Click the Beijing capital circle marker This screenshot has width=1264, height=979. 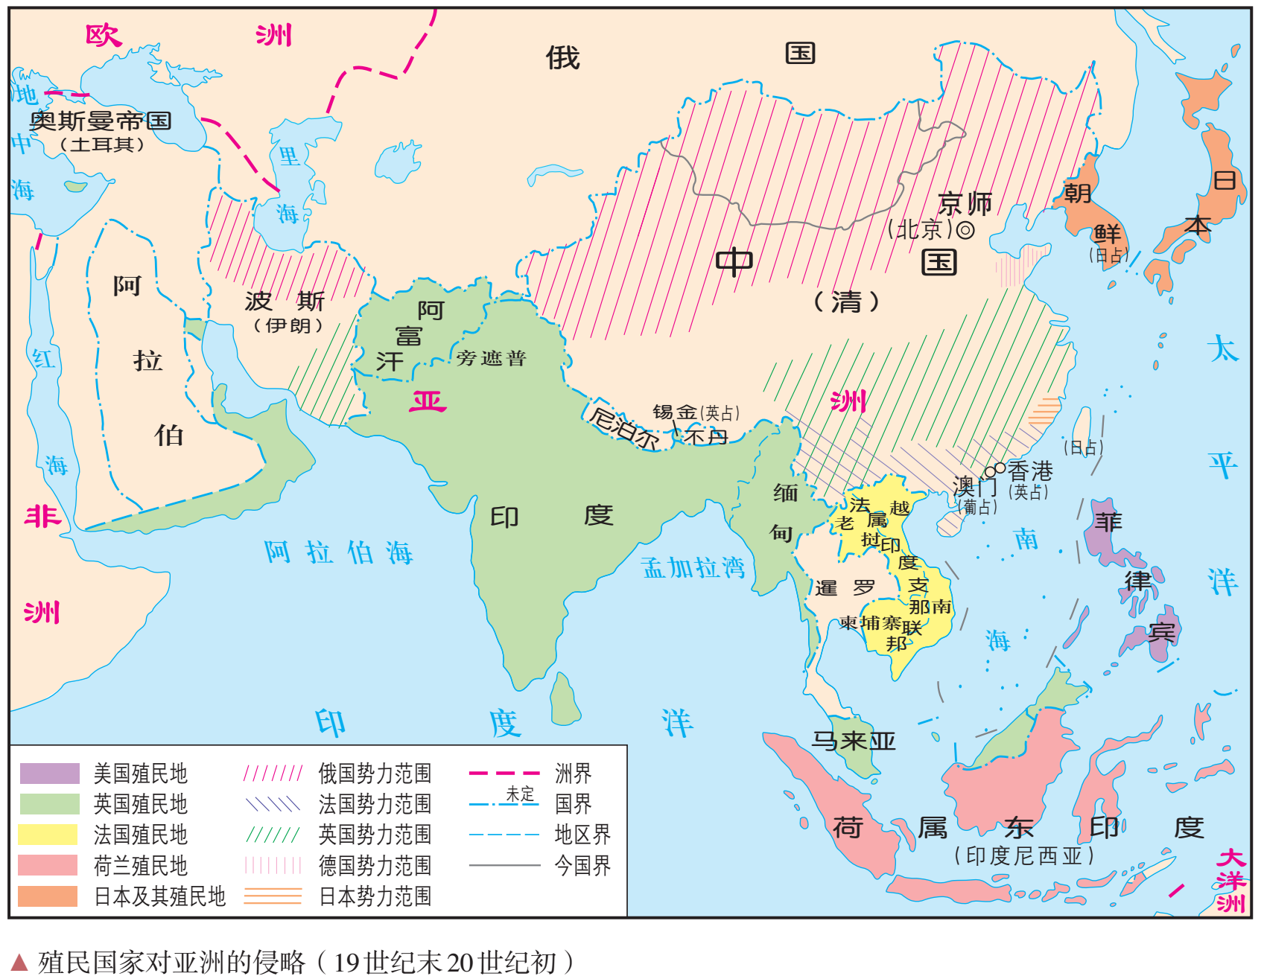click(965, 230)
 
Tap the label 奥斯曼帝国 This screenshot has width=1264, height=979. click(101, 121)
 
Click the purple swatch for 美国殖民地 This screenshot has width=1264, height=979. click(49, 774)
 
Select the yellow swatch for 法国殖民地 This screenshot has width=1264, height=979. click(49, 835)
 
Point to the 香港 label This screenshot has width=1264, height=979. click(1030, 471)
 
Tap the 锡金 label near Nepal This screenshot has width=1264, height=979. click(675, 412)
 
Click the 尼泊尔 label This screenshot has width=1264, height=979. click(624, 427)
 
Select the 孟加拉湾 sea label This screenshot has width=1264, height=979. click(693, 567)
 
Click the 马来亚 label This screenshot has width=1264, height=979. click(853, 741)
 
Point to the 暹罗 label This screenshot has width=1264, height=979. click(845, 588)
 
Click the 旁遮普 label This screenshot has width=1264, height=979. click(492, 359)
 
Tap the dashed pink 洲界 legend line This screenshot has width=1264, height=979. click(504, 774)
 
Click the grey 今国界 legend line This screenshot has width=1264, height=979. click(504, 865)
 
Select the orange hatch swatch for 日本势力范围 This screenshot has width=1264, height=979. click(273, 896)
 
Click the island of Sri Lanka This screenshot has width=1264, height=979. click(565, 698)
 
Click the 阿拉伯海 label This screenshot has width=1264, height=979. click(338, 552)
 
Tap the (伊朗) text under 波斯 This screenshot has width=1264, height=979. click(288, 325)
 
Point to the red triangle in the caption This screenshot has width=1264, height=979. click(20, 961)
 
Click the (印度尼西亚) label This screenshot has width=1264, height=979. click(1024, 856)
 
